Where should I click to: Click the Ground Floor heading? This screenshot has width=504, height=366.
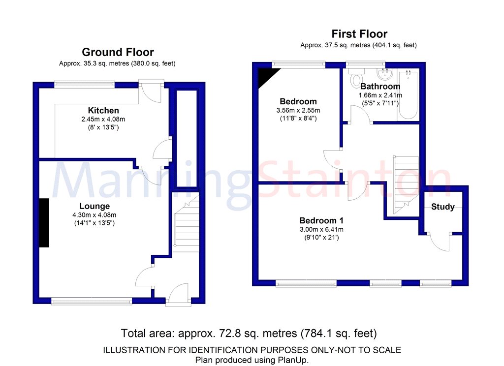click(x=118, y=52)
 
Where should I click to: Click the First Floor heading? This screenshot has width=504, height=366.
click(x=359, y=34)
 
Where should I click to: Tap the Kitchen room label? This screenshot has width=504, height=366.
click(x=103, y=110)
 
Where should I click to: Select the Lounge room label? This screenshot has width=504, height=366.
click(x=94, y=206)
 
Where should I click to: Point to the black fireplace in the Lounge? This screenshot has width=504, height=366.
click(x=44, y=223)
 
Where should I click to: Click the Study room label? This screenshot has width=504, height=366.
click(x=442, y=207)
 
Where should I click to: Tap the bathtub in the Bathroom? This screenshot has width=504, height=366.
click(x=408, y=95)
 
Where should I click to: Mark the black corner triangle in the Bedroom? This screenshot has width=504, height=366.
click(x=265, y=74)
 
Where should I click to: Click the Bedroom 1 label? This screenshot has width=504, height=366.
click(x=321, y=220)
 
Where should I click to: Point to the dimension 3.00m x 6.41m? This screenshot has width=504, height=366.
click(x=321, y=229)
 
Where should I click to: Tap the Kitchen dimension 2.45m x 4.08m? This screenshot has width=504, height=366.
click(x=103, y=119)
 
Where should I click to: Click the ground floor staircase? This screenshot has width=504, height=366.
click(x=186, y=224)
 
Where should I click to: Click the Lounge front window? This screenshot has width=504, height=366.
click(x=92, y=301)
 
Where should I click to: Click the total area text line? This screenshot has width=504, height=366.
click(x=249, y=333)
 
